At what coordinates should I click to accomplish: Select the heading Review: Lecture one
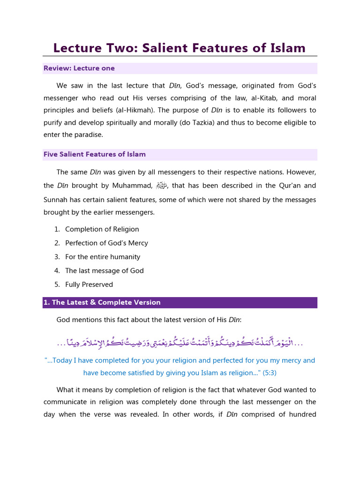(x=79, y=68)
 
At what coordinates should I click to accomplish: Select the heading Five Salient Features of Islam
(x=94, y=154)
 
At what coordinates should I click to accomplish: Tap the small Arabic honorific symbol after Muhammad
(x=161, y=186)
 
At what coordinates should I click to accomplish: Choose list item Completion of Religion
(x=102, y=229)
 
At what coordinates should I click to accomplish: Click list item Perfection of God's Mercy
(x=106, y=243)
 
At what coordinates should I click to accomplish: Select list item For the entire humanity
(x=103, y=257)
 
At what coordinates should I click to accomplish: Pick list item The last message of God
(x=104, y=270)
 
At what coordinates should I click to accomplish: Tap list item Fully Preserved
(x=89, y=285)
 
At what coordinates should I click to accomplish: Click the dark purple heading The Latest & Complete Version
(x=102, y=302)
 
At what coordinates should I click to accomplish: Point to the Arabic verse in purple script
(x=180, y=343)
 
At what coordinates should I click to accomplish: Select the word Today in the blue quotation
(x=64, y=360)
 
